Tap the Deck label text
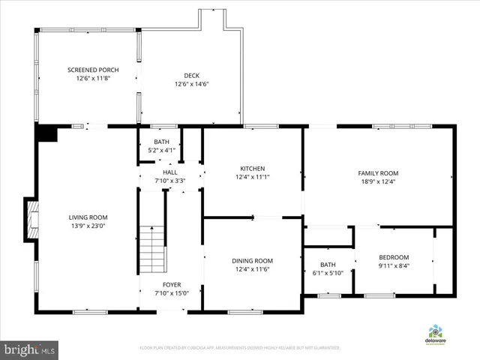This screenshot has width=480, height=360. coord(191,74)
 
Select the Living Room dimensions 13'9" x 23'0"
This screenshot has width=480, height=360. coord(88,226)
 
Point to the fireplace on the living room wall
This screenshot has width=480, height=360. coord(30,219)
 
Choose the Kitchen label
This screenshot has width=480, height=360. coord(252,168)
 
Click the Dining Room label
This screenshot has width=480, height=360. coord(252,260)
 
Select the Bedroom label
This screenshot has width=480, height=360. coord(393,256)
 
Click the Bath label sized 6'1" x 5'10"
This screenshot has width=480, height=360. coord(328,265)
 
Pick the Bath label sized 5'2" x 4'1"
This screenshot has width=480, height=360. coord(162,142)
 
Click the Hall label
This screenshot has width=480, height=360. coord(169,172)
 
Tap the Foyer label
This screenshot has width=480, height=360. coord(172,285)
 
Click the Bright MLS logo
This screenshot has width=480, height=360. coord(30,349)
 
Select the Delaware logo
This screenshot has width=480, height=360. coord(435,334)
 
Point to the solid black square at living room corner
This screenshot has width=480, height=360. coord(46,133)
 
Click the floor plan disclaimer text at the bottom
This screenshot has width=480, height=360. coord(240,348)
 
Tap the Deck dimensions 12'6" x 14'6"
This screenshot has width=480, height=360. coord(191,84)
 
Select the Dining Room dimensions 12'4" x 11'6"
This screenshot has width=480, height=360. coord(252,269)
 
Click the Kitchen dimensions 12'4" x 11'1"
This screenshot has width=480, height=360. coord(252,177)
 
